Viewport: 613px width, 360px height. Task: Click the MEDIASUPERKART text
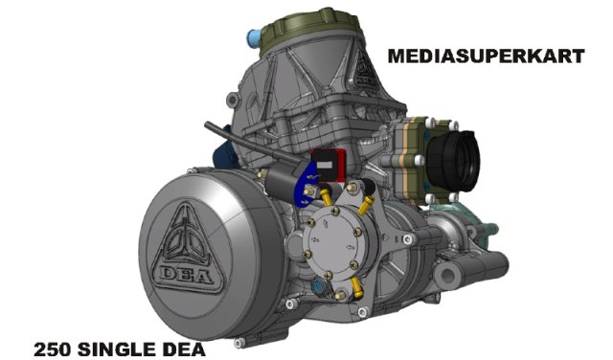pyautogui.click(x=486, y=56)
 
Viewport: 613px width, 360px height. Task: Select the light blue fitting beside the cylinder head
pyautogui.click(x=255, y=40)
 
